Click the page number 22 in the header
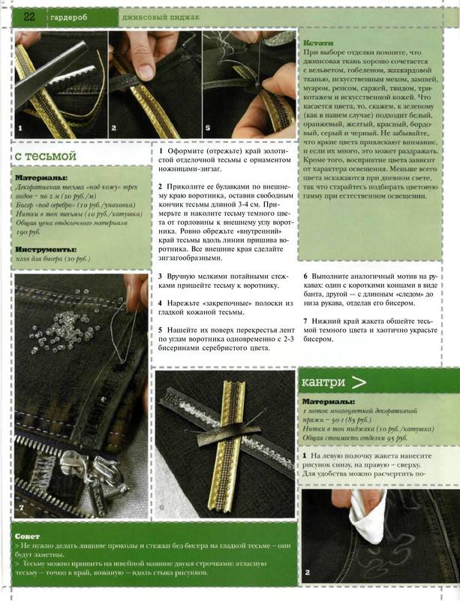click(x=31, y=17)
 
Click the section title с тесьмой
click(x=47, y=156)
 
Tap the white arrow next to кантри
click(x=359, y=382)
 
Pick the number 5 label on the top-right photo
click(x=207, y=128)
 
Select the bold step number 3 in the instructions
click(x=161, y=276)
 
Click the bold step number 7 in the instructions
click(x=305, y=322)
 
